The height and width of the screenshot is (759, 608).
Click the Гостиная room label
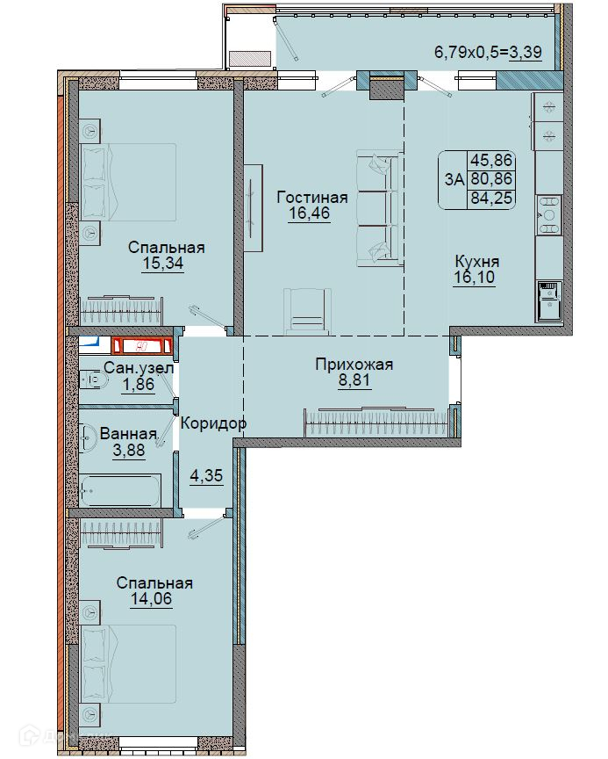click(311, 197)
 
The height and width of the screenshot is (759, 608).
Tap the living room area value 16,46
click(309, 213)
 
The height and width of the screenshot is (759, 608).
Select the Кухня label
click(477, 262)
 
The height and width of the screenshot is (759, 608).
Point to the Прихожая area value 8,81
click(354, 380)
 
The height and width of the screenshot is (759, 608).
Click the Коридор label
click(213, 423)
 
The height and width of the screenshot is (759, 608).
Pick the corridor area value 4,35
click(206, 475)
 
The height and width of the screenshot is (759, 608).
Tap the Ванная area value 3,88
click(129, 450)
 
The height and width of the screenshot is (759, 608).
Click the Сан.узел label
click(139, 368)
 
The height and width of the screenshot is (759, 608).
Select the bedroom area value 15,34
click(163, 264)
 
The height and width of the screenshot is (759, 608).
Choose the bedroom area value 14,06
click(151, 598)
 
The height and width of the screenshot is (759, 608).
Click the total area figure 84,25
click(491, 198)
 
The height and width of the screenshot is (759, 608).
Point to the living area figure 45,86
click(491, 160)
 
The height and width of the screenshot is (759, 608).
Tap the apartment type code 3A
click(454, 179)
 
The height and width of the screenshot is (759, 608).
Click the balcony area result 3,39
click(526, 51)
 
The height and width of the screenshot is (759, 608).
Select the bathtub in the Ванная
click(120, 490)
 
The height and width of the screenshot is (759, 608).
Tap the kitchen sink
click(548, 300)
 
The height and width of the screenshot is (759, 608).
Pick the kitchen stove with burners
click(548, 215)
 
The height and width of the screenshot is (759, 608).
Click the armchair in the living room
click(307, 311)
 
